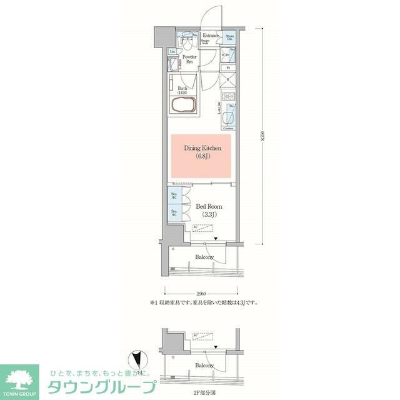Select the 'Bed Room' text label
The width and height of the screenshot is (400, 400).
coord(209,210)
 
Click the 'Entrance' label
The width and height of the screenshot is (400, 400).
coord(211,36)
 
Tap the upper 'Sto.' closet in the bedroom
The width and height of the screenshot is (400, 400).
coord(174,196)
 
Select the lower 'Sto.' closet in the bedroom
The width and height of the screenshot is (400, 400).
coord(174,214)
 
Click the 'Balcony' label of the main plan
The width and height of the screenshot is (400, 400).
coord(204,257)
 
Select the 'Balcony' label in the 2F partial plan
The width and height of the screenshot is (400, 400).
coord(204,365)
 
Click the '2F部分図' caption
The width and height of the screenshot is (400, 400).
coord(204,394)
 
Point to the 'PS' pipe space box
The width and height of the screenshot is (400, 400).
coord(229,67)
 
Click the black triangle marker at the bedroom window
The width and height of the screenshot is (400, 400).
coord(216,239)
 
